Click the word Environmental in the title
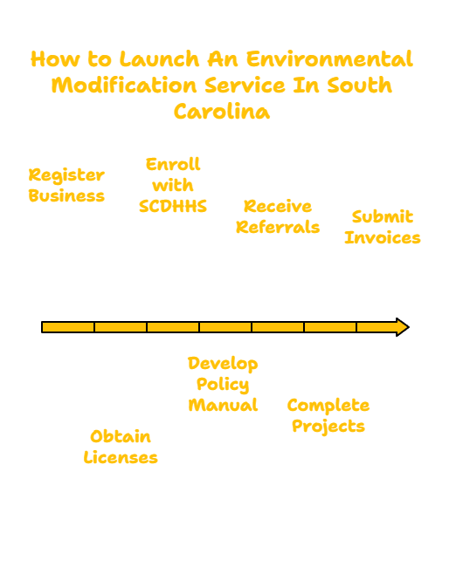(x=329, y=59)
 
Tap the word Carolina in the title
(x=222, y=111)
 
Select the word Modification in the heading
(x=124, y=85)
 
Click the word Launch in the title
(x=160, y=59)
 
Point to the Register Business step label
(x=66, y=185)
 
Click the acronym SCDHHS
(x=173, y=207)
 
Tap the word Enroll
(x=173, y=164)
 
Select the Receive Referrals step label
(x=278, y=216)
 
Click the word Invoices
(x=383, y=238)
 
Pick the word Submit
(x=383, y=216)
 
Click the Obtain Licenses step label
(x=121, y=447)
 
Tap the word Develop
(x=223, y=364)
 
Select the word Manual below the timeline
(x=223, y=405)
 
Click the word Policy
(x=223, y=385)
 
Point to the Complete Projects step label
(x=328, y=416)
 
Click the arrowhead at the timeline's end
(x=403, y=327)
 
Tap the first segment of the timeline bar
(x=68, y=327)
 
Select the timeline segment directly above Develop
(x=225, y=327)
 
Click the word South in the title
(x=359, y=85)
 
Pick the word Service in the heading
(x=245, y=85)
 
